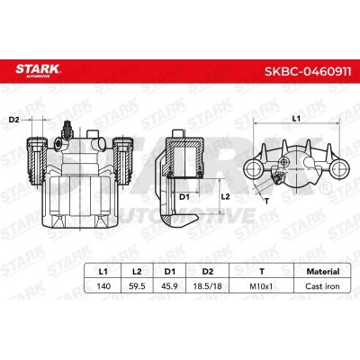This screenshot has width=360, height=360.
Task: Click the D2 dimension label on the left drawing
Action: pyautogui.click(x=14, y=118)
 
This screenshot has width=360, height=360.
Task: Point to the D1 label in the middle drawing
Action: pyautogui.click(x=184, y=195)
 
